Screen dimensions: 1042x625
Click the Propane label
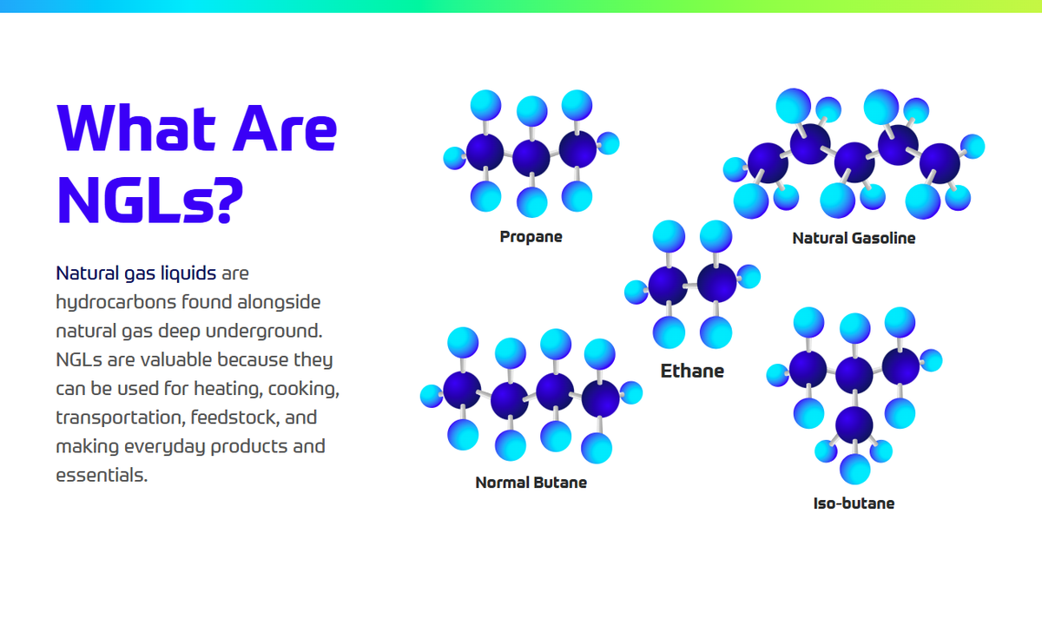[531, 237]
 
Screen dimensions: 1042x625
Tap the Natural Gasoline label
[854, 238]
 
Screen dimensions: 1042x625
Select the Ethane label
[692, 372]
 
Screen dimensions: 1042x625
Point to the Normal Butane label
[531, 483]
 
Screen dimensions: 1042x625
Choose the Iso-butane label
[854, 503]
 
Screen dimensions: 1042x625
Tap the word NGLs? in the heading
[149, 201]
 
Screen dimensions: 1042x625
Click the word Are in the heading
[285, 128]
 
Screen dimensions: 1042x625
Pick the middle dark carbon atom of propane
[531, 158]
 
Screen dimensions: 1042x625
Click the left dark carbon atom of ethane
[668, 286]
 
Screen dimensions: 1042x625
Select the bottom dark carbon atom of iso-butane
[854, 425]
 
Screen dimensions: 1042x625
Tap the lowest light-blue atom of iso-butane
[855, 470]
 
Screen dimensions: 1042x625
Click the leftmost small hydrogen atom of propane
[454, 158]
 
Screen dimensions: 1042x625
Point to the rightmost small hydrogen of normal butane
[631, 392]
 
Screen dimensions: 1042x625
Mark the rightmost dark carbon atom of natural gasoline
[940, 164]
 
